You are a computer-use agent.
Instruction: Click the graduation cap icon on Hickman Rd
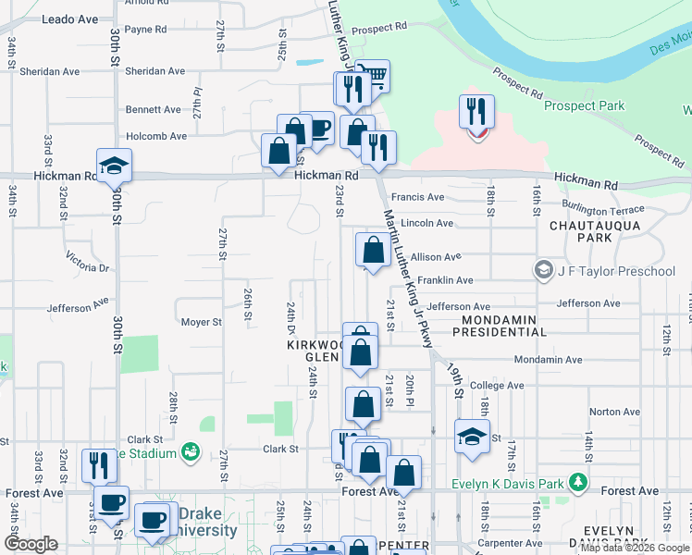point(115,166)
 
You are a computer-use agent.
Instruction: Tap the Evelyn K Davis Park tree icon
point(578,482)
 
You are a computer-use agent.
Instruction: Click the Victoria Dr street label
point(88,266)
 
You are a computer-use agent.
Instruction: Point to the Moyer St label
point(201,323)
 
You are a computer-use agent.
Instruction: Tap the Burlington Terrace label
point(600,210)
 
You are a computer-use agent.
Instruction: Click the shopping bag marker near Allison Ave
point(373,250)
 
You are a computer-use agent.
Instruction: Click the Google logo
point(31,544)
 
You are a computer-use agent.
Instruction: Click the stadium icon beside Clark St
point(191,452)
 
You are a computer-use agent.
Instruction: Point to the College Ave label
point(497,386)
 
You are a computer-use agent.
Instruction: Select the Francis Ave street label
point(417,197)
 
